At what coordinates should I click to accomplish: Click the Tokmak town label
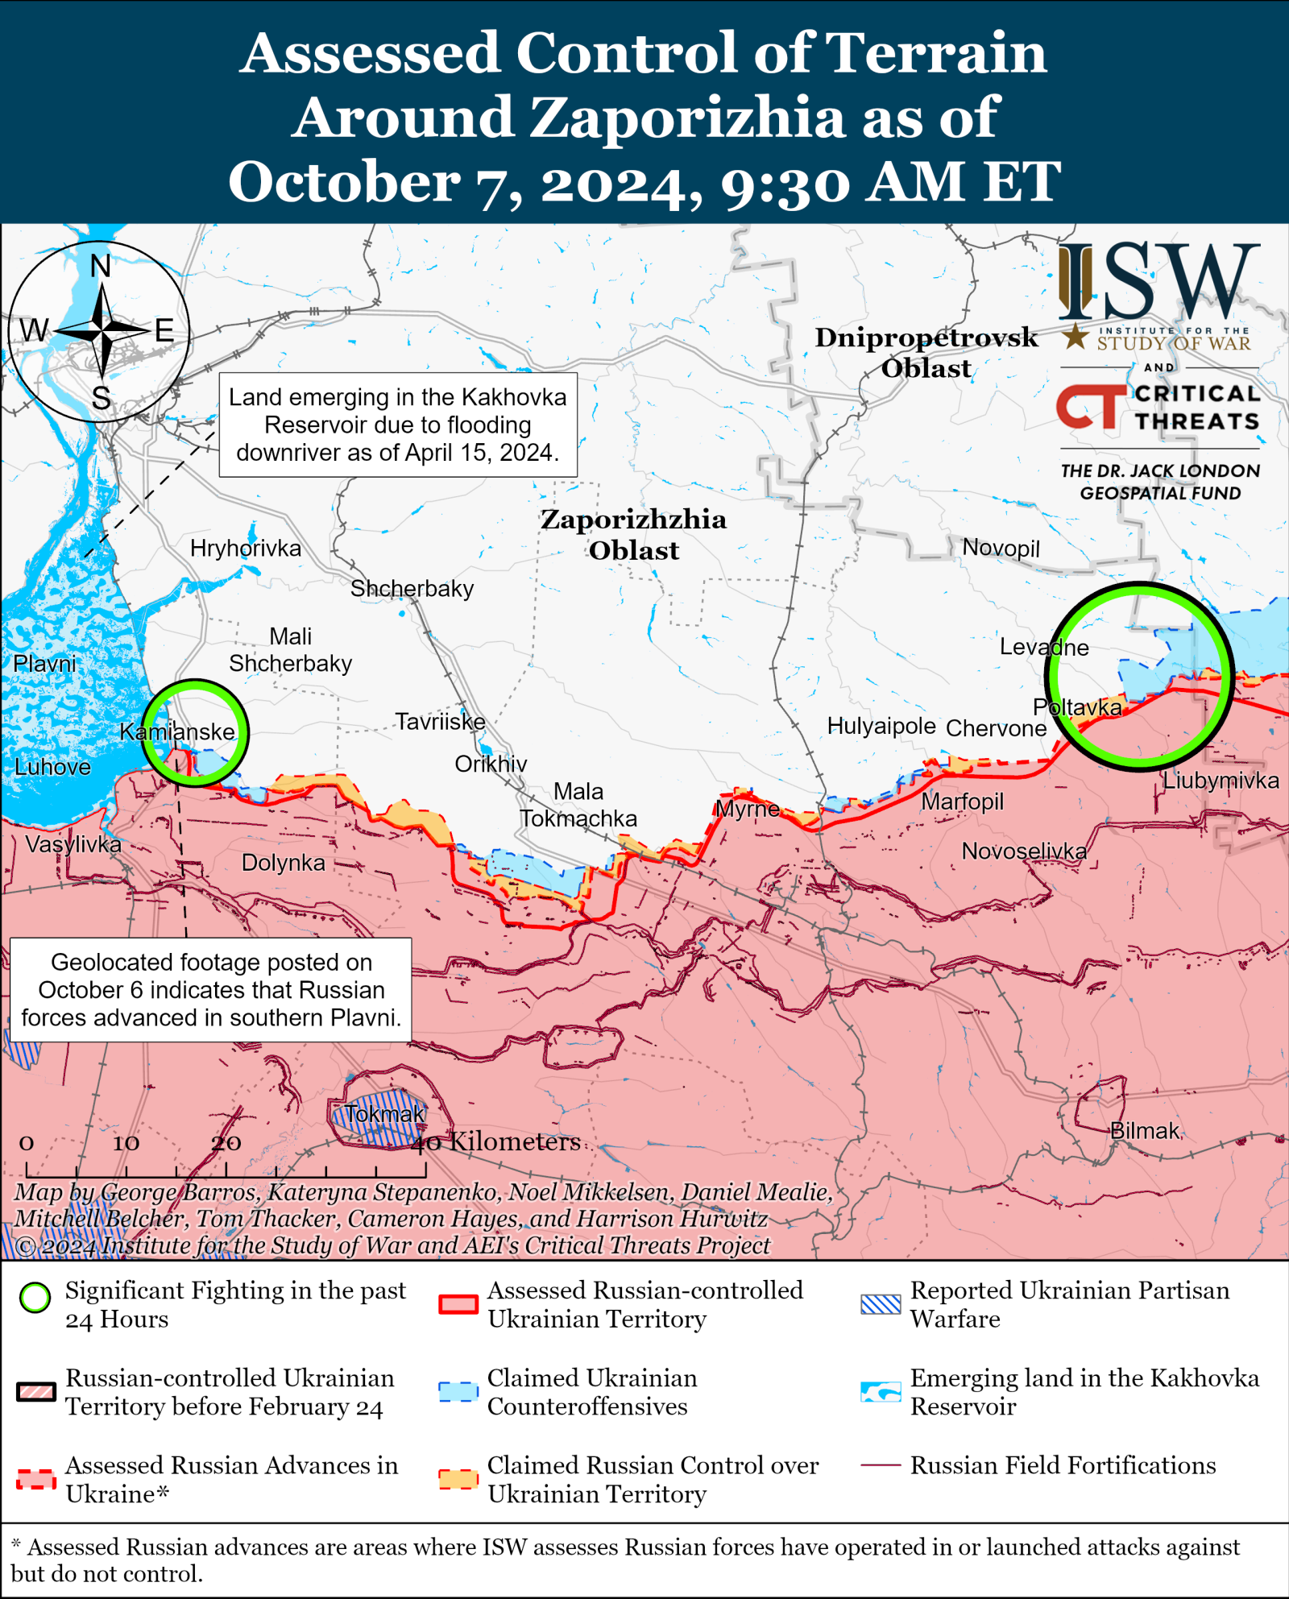[385, 1114]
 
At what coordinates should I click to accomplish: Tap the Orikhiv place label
[491, 764]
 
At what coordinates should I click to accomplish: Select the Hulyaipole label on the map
[881, 726]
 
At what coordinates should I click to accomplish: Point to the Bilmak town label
[1145, 1131]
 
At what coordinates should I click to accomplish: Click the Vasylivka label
[73, 844]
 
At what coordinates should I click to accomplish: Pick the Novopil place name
[1001, 548]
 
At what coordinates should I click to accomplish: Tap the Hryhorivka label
[246, 549]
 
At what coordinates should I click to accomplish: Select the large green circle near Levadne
[1140, 587]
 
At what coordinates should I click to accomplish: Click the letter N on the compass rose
[101, 266]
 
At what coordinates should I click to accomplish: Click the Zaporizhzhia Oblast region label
[633, 534]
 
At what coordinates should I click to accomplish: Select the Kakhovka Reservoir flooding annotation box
[398, 425]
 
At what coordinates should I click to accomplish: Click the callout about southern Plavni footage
[211, 989]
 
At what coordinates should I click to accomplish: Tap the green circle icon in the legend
[35, 1297]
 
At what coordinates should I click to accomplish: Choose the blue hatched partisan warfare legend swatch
[881, 1304]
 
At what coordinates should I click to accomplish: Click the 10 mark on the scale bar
[126, 1143]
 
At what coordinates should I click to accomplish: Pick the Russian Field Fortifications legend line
[881, 1464]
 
